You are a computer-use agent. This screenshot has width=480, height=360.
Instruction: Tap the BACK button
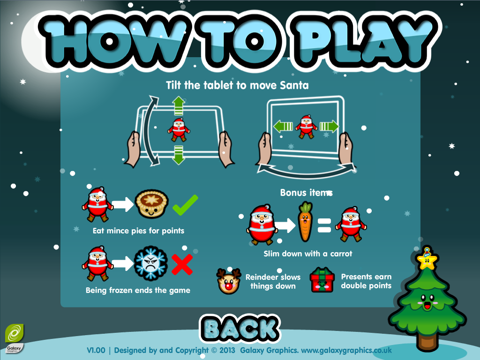[x=240, y=328]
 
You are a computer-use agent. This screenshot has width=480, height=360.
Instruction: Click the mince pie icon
[x=151, y=204]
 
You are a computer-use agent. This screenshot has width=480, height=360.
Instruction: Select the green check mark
[x=185, y=205]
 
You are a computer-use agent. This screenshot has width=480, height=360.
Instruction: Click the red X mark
[x=182, y=264]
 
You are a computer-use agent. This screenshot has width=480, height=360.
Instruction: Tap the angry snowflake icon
[x=151, y=263]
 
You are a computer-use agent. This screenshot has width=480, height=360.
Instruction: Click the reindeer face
[x=228, y=281]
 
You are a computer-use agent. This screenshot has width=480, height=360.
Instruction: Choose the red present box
[x=322, y=280]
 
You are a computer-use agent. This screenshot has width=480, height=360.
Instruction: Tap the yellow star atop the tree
[x=427, y=260]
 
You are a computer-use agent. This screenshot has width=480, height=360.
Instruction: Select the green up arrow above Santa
[x=179, y=105]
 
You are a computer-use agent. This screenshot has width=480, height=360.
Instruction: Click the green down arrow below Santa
[x=179, y=155]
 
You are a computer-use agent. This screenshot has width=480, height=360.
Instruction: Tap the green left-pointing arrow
[x=283, y=126]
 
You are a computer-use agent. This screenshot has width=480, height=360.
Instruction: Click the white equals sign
[x=324, y=225]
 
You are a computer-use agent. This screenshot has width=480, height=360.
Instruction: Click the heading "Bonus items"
[x=306, y=193]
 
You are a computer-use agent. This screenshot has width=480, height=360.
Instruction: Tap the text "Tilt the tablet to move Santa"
[x=237, y=85]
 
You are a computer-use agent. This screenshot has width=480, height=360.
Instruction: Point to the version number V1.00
[x=96, y=350]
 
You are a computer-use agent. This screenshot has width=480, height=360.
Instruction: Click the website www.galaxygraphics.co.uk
[x=346, y=350]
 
